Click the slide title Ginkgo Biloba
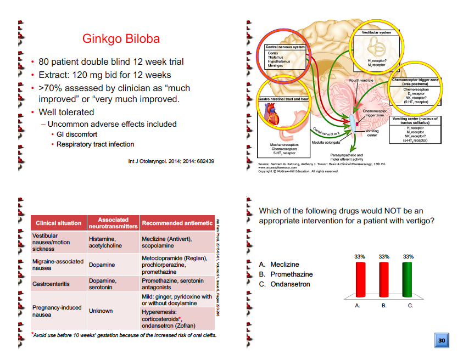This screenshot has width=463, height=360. pyautogui.click(x=121, y=39)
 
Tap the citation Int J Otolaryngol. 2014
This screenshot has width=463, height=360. pyautogui.click(x=171, y=161)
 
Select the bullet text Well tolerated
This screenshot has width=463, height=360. pyautogui.click(x=66, y=112)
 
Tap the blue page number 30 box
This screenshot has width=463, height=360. pyautogui.click(x=442, y=340)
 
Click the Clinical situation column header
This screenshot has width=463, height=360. pyautogui.click(x=58, y=223)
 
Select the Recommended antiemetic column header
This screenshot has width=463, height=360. pyautogui.click(x=177, y=223)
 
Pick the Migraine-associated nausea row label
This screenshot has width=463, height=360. pyautogui.click(x=58, y=265)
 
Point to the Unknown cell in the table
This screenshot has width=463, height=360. pyautogui.click(x=101, y=311)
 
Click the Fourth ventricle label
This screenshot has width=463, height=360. pyautogui.click(x=361, y=81)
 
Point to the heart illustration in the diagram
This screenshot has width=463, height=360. pyautogui.click(x=272, y=117)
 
